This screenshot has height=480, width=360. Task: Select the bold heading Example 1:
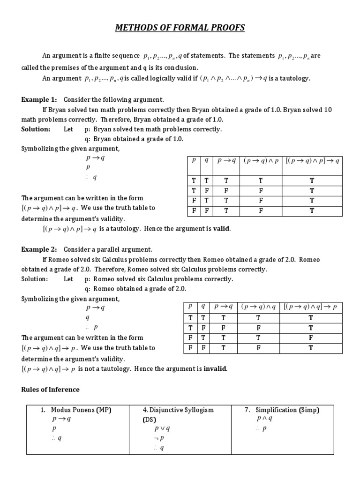pyautogui.click(x=39, y=100)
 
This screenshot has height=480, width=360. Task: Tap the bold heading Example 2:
pyautogui.click(x=39, y=249)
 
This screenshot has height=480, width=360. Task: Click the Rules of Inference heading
pyautogui.click(x=51, y=390)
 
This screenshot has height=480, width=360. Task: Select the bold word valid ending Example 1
pyautogui.click(x=222, y=229)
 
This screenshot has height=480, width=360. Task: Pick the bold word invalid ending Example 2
pyautogui.click(x=215, y=369)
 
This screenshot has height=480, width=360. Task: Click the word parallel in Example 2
pyautogui.click(x=111, y=249)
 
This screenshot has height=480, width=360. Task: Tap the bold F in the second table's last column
pyautogui.click(x=310, y=337)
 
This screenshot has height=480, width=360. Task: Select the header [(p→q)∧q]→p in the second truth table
pyautogui.click(x=310, y=307)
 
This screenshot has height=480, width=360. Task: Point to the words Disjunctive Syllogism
pyautogui.click(x=178, y=410)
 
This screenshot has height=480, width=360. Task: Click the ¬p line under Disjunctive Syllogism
pyautogui.click(x=159, y=438)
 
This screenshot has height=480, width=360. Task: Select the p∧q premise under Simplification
pyautogui.click(x=264, y=419)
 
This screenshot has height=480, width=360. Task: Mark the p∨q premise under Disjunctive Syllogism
pyautogui.click(x=162, y=428)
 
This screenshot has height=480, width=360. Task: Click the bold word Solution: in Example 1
pyautogui.click(x=36, y=129)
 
